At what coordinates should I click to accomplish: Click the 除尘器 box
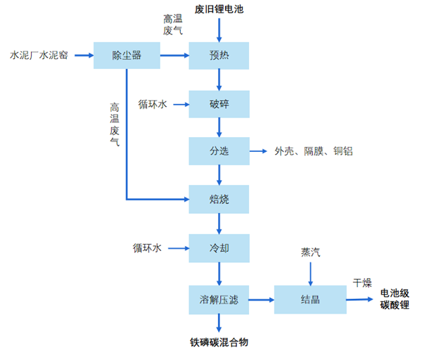[127, 55]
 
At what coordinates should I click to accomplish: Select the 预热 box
[219, 55]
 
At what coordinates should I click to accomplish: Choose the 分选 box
[219, 151]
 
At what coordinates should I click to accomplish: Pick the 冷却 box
[219, 247]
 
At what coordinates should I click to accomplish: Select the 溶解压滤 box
[219, 300]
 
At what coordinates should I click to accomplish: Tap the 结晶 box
[309, 300]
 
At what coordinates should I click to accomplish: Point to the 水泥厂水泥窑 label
[39, 55]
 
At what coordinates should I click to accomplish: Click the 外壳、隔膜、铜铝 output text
[315, 151]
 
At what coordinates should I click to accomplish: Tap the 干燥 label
[362, 283]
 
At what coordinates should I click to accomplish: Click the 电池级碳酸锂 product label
[395, 299]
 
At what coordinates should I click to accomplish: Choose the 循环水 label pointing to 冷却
[148, 247]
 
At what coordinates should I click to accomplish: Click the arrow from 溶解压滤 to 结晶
[262, 300]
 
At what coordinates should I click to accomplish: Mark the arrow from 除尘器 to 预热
[174, 55]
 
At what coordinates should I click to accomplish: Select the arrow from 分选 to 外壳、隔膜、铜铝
[258, 151]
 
